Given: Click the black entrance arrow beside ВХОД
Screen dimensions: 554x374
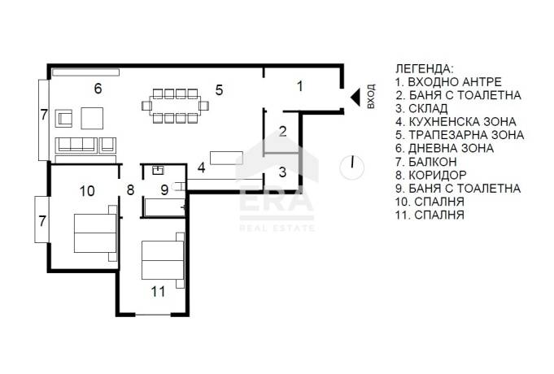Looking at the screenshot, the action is pos(356,97).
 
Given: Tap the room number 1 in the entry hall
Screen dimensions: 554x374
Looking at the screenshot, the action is pos(300,86).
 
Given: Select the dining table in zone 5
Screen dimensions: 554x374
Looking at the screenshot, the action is pos(175,106).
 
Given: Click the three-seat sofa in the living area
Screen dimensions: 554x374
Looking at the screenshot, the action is pos(76,146).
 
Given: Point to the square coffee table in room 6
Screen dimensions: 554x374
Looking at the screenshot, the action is pos(92,119).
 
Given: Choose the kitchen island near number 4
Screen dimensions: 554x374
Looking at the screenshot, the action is pos(226,158).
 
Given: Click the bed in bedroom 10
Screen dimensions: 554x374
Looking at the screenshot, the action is pos(95,233).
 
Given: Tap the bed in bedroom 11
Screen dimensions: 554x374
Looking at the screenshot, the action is pos(163,260).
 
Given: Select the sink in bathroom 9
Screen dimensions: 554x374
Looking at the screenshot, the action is pos(158,170).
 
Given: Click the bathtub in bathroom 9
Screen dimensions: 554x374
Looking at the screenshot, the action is pos(164,207).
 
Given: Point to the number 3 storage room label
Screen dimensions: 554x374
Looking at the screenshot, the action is pos(282,172).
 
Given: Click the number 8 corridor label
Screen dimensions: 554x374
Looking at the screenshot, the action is pos(130,190).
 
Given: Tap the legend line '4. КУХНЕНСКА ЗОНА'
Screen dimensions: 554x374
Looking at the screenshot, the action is pos(456,122).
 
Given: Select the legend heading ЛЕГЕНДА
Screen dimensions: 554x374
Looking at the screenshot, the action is pos(424,68).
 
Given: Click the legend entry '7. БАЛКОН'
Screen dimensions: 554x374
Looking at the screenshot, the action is pos(426,162).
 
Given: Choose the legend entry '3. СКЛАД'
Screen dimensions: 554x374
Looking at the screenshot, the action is pos(421,108).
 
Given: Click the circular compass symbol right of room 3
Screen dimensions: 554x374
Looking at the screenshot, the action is pos(352,167).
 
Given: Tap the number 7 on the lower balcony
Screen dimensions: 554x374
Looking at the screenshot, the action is pos(42,221).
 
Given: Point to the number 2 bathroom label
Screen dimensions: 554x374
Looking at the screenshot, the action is pos(282,132).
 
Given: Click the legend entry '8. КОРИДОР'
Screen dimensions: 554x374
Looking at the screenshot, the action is pos(431,175).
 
